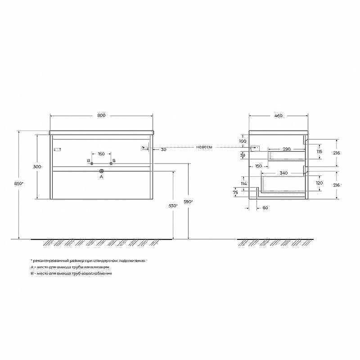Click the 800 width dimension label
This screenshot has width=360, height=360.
[101, 116]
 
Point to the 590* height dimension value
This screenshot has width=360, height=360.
[189, 201]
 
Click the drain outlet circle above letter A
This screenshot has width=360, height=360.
[101, 171]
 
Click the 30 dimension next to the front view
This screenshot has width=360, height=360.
[163, 149]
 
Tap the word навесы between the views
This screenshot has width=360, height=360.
[204, 147]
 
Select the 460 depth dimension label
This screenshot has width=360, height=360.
[278, 116]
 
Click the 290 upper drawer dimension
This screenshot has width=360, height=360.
[286, 148]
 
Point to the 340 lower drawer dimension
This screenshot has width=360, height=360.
[283, 172]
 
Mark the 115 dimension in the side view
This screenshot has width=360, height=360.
[319, 152]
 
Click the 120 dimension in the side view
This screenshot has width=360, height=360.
[319, 183]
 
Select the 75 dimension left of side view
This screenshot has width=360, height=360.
[235, 192]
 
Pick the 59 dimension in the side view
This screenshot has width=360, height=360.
[243, 155]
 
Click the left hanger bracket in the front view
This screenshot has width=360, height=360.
[57, 149]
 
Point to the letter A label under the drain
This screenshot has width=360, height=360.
[101, 177]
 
